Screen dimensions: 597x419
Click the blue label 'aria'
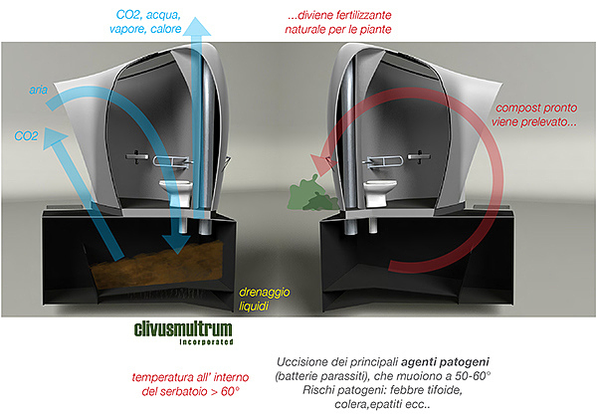point(39,91)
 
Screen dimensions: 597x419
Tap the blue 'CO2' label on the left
point(27,135)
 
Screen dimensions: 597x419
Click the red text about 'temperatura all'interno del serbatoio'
point(186,384)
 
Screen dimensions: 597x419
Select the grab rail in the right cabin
point(388,157)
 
